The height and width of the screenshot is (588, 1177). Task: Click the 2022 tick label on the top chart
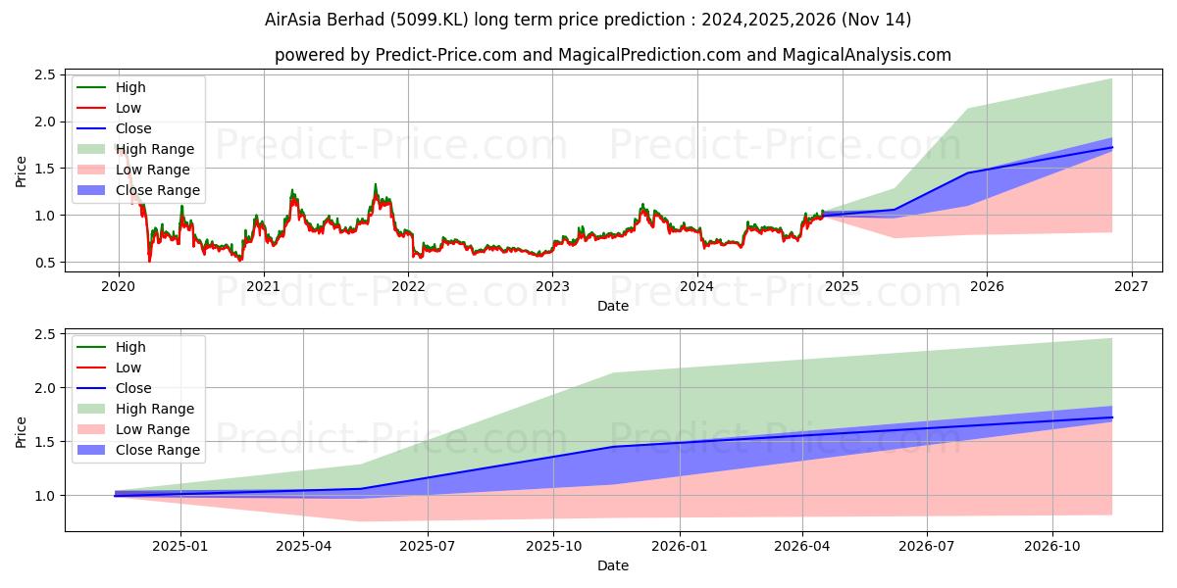click(x=408, y=286)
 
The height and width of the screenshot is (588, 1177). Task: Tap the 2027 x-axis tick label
click(x=1131, y=286)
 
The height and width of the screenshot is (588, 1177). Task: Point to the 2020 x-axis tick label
click(x=119, y=286)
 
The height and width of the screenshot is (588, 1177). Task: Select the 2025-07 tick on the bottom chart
click(x=429, y=546)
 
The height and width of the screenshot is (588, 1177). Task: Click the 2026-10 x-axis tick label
click(x=1052, y=546)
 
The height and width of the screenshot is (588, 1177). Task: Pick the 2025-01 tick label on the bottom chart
click(x=180, y=546)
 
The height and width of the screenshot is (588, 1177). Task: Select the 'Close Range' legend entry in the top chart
click(x=157, y=190)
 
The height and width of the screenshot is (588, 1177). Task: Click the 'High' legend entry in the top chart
click(x=130, y=87)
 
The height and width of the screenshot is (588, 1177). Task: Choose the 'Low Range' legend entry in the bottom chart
click(x=154, y=429)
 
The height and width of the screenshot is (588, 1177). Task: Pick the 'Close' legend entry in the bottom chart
click(x=133, y=388)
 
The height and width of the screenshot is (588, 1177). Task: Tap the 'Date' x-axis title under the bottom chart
click(x=613, y=565)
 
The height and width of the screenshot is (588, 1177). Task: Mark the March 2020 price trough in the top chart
click(x=149, y=261)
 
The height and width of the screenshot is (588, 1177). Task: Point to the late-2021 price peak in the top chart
click(x=375, y=184)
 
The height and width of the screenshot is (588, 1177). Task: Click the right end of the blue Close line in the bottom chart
click(x=1112, y=417)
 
